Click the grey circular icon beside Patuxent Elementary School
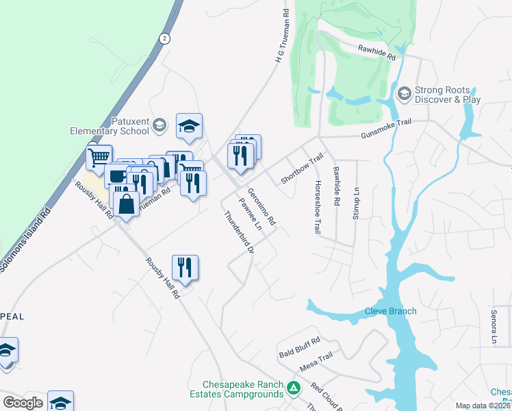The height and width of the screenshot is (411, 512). coord(159,125)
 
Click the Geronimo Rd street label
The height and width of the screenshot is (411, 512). coord(261,208)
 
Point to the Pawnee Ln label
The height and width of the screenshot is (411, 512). coord(249,214)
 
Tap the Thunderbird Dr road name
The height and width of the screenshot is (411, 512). coord(239,234)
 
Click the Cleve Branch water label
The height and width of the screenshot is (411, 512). coord(390,311)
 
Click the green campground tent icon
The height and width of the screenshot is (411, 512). coord(294,389)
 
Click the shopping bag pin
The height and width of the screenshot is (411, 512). coord(126,203)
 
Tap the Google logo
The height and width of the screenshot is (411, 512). coord(23,403)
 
